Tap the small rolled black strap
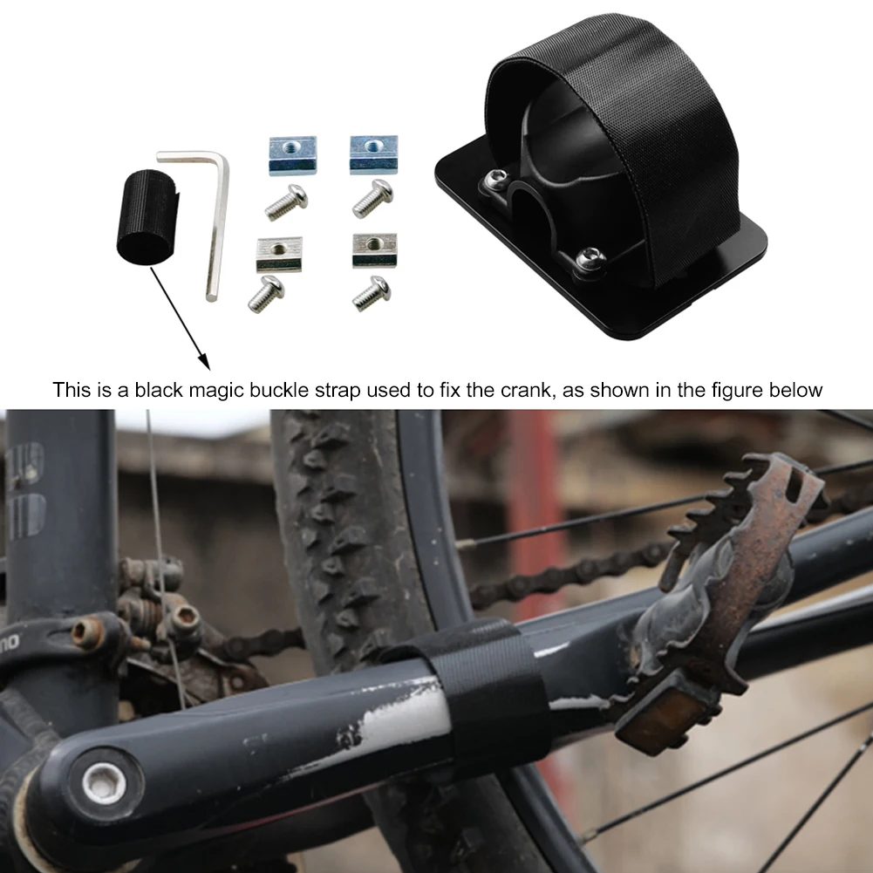click(146, 215)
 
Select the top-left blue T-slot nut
click(292, 154)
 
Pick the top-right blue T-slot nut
click(373, 153)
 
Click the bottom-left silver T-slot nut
click(278, 253)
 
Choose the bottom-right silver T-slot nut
click(374, 250)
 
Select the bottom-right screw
click(372, 293)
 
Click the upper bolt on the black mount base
click(494, 179)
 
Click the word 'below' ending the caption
click(795, 389)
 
